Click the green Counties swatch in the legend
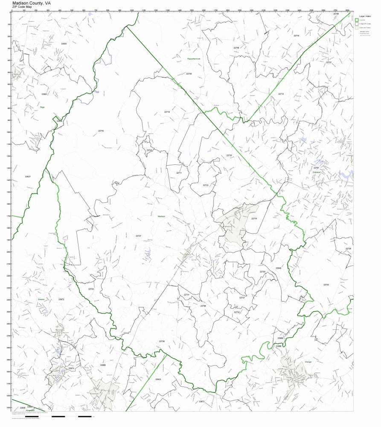click(357, 20)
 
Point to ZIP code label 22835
click(64, 44)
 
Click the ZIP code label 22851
click(44, 94)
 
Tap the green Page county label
click(42, 107)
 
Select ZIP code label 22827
click(28, 176)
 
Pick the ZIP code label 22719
click(167, 112)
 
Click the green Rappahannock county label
click(196, 58)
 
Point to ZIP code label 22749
click(236, 47)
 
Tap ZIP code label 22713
click(281, 94)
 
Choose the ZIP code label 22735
click(229, 155)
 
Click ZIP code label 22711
click(179, 173)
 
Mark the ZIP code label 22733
click(326, 284)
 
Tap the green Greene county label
click(41, 299)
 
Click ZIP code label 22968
click(102, 365)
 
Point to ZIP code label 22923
click(158, 379)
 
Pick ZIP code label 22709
click(203, 306)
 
